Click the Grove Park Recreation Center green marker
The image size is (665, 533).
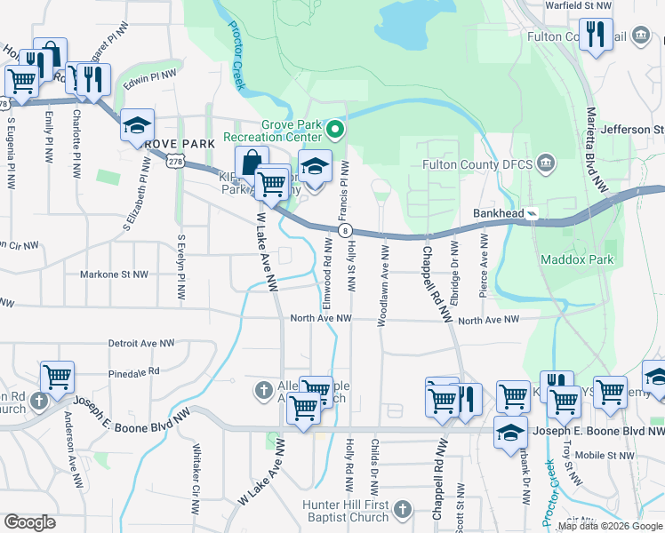click(x=335, y=131)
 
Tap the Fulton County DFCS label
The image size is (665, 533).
click(x=487, y=163)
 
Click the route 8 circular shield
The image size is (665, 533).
click(x=344, y=230)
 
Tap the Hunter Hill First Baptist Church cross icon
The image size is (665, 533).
click(x=403, y=509)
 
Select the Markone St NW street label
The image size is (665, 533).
click(x=115, y=274)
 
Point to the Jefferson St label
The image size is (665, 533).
click(x=632, y=130)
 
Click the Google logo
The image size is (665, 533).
click(x=29, y=522)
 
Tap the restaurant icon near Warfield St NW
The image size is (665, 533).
click(x=596, y=36)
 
